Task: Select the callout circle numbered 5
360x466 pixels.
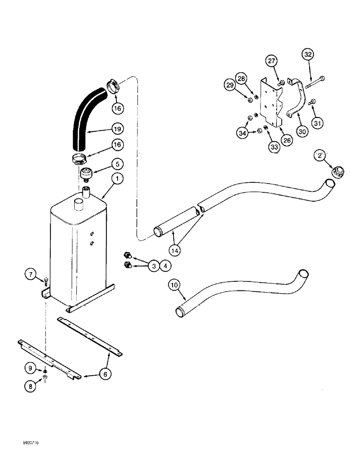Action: pyautogui.click(x=117, y=164)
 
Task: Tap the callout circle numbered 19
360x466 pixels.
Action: pyautogui.click(x=118, y=127)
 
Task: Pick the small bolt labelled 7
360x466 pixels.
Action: pyautogui.click(x=47, y=281)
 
